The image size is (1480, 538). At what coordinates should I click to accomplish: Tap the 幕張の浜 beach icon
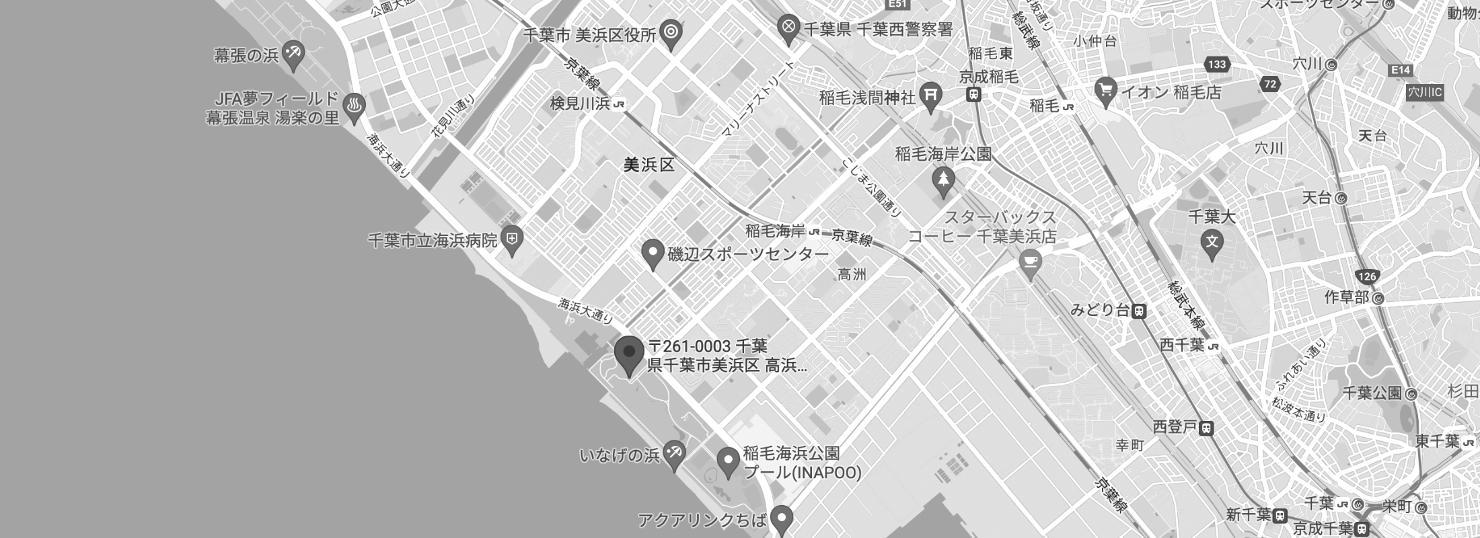[x=293, y=54]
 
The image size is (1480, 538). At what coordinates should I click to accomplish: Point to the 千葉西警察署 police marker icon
[x=788, y=28]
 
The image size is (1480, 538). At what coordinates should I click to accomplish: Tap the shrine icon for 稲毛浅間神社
[x=931, y=97]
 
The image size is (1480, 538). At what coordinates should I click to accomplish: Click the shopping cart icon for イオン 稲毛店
[x=1105, y=90]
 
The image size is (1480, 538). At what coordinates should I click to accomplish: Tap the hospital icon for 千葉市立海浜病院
[x=512, y=239]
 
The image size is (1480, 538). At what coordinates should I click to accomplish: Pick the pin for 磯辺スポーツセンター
[x=651, y=254]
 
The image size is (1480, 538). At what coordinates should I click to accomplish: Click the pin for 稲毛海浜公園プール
[x=727, y=461]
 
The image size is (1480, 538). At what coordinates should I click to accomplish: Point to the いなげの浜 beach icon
[x=673, y=454]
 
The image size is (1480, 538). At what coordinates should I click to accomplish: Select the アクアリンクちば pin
[x=781, y=519]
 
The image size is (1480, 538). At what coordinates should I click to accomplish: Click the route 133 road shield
[x=1216, y=65]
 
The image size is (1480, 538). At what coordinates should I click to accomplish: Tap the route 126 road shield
[x=1367, y=276]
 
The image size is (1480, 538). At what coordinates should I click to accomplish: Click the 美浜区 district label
[x=649, y=165]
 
